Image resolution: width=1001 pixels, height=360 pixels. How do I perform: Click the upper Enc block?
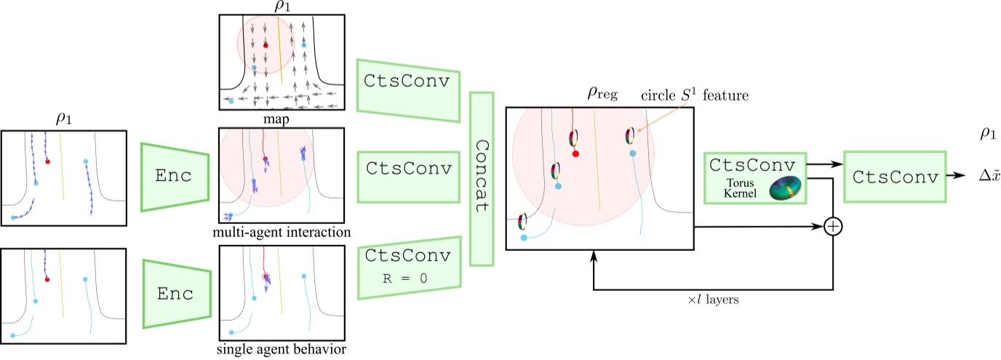click(x=176, y=176)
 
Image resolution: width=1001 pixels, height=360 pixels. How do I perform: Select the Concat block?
click(x=482, y=177)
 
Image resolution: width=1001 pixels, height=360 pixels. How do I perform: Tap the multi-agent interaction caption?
click(x=282, y=232)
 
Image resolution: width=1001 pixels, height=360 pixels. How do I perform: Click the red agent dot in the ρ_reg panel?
click(x=575, y=153)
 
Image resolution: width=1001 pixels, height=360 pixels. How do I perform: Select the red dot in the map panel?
click(x=266, y=45)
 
